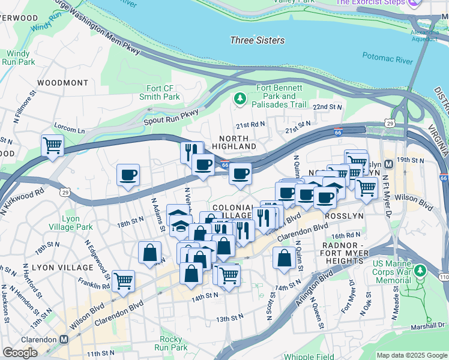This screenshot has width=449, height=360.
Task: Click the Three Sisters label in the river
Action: point(258,40)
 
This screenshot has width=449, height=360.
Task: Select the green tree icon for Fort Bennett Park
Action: point(240,98)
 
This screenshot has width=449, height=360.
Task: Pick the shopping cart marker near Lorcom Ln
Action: point(52,145)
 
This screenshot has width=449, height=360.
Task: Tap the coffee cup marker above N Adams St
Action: point(128,175)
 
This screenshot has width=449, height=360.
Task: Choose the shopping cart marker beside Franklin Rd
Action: point(123,280)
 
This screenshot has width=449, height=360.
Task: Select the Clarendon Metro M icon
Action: point(64,339)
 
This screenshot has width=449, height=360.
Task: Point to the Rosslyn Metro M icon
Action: point(388,163)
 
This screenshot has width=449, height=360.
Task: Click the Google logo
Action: point(20,353)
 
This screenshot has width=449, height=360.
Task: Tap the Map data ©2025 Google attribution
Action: point(411,355)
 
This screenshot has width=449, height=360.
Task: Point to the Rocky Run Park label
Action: point(170,343)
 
